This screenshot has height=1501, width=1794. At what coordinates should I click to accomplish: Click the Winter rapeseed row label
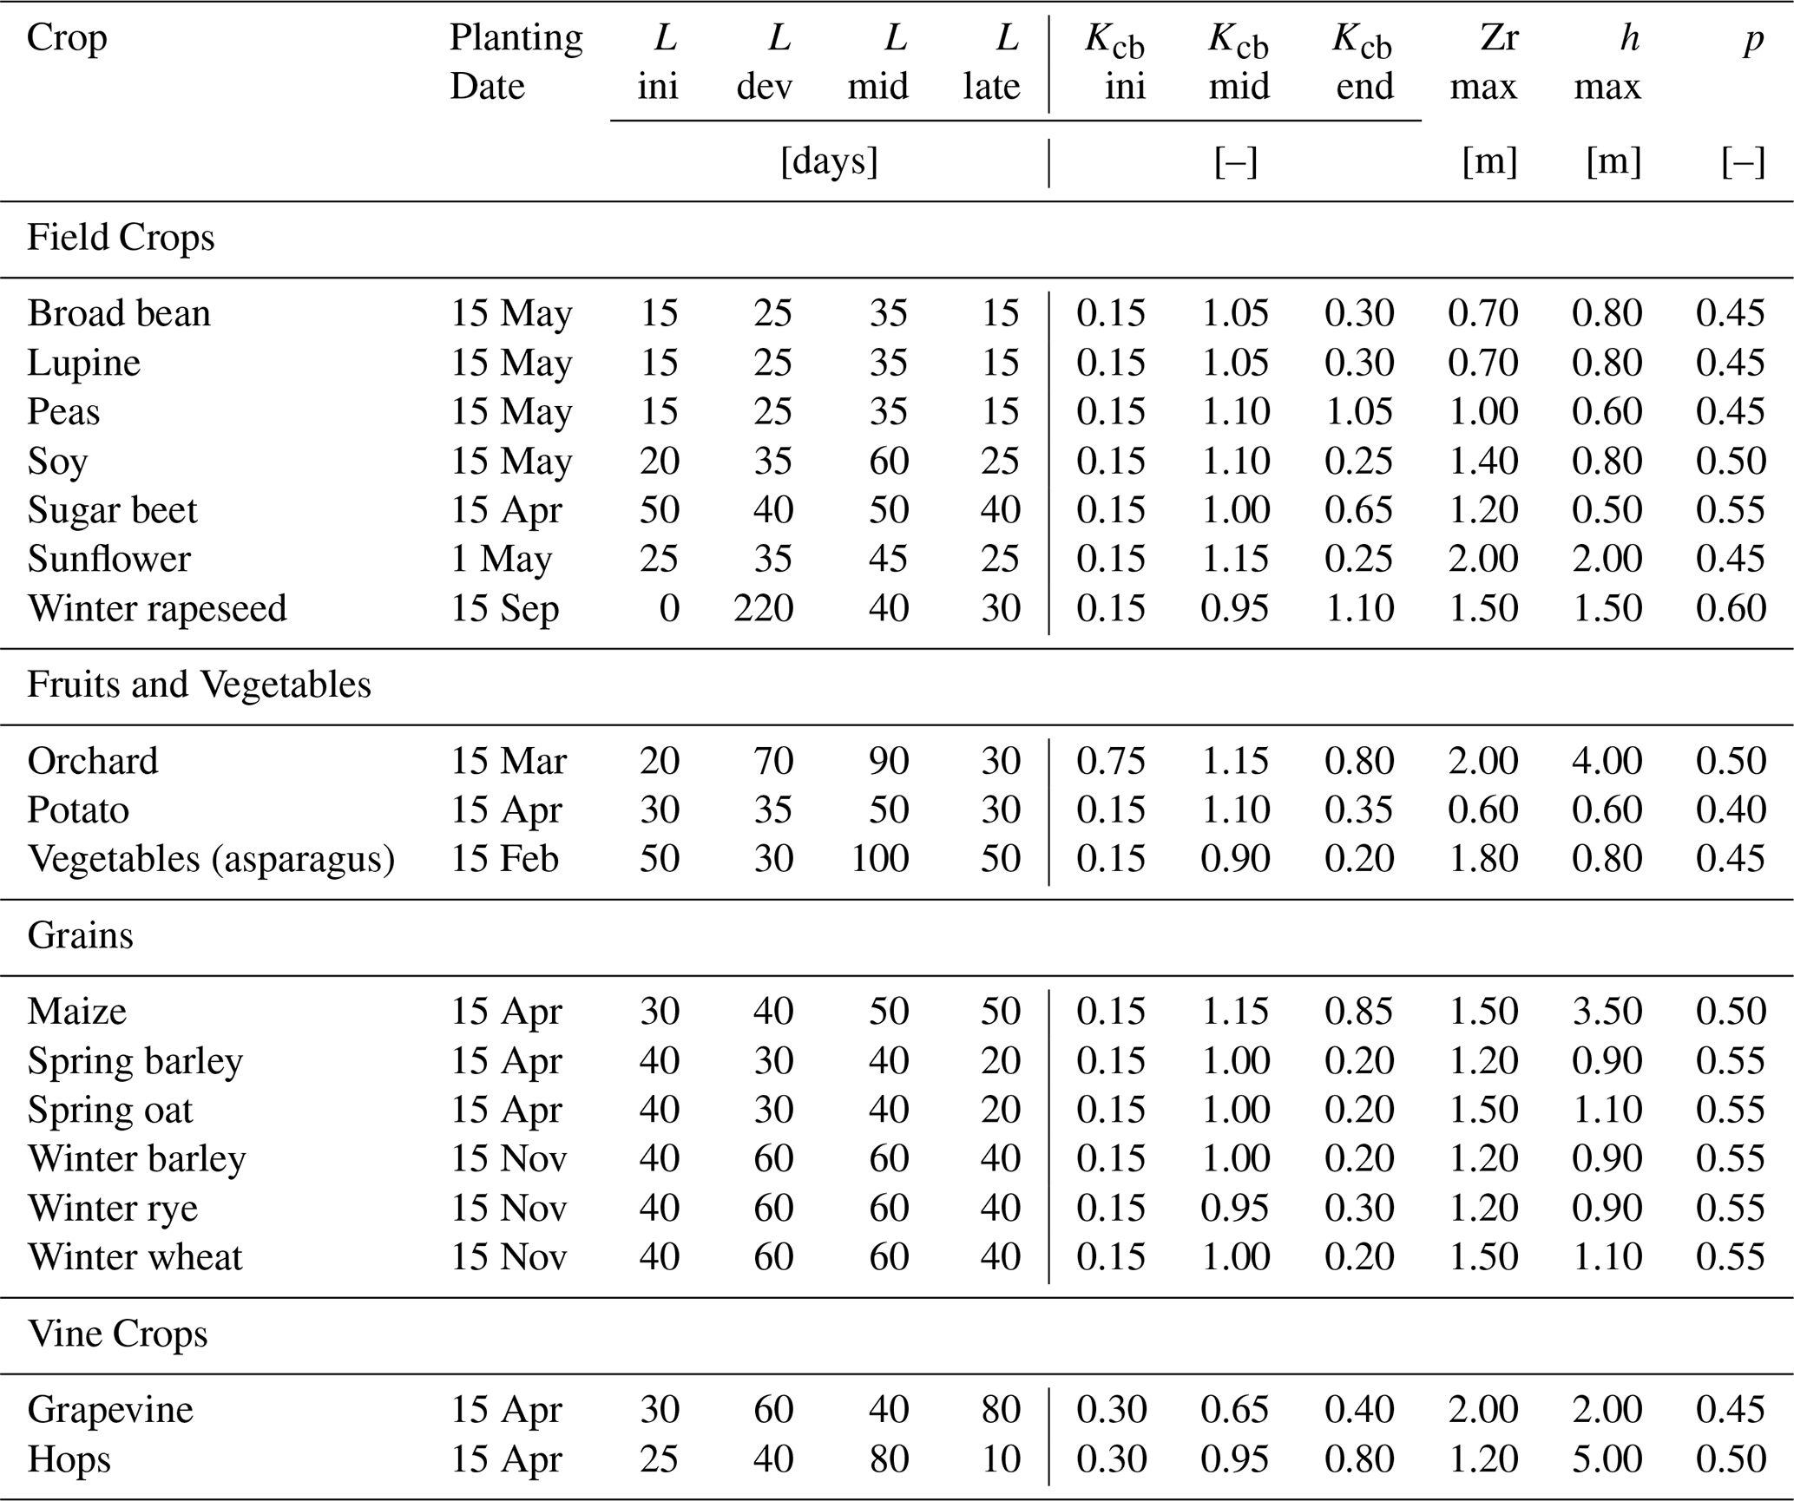pos(157,608)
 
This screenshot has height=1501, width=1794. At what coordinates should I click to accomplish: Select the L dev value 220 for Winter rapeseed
pos(763,608)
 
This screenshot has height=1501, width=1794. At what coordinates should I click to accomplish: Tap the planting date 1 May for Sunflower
pos(502,560)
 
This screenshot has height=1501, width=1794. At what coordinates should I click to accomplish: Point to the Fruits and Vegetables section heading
pos(199,685)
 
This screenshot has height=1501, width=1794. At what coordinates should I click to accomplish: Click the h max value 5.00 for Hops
pos(1607,1458)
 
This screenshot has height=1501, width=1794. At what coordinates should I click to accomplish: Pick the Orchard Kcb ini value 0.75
pos(1111,761)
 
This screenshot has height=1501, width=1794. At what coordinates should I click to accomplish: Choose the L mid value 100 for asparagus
pos(879,859)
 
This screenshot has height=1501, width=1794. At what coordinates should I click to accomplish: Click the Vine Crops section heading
pos(117,1334)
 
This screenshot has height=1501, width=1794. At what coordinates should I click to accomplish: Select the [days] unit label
pos(830,162)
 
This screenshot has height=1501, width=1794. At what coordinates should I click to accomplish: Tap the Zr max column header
pos(1484,62)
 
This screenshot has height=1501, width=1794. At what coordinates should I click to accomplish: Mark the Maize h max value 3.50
pos(1607,1012)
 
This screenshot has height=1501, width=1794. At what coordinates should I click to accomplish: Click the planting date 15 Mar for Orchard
pos(509,761)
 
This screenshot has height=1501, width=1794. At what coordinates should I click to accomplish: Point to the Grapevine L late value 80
pos(1000,1410)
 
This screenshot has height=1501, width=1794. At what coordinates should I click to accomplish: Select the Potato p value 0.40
pos(1731,810)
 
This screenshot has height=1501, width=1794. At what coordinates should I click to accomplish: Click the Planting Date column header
pos(516,62)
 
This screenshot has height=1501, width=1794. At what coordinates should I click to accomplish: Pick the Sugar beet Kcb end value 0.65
pos(1358,510)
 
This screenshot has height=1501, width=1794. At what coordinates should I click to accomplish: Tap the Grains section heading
pos(81,935)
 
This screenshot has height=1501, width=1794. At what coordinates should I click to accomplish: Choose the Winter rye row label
pos(113,1209)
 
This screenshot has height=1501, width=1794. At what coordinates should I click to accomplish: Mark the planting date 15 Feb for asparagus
pos(504,859)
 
